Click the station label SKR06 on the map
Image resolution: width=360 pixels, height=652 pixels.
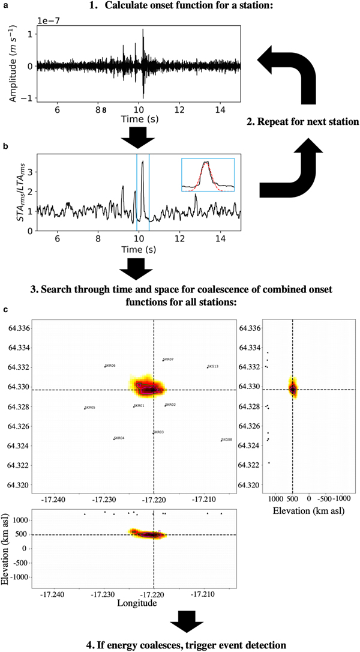coord(110,366)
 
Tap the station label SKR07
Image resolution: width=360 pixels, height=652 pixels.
coord(169,359)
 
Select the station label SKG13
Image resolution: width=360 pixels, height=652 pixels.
coord(213,366)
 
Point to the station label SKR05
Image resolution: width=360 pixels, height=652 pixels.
coord(91,408)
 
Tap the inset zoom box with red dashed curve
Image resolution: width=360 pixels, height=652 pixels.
coord(208,175)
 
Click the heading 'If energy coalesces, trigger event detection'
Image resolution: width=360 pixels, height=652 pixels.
coord(179,645)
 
